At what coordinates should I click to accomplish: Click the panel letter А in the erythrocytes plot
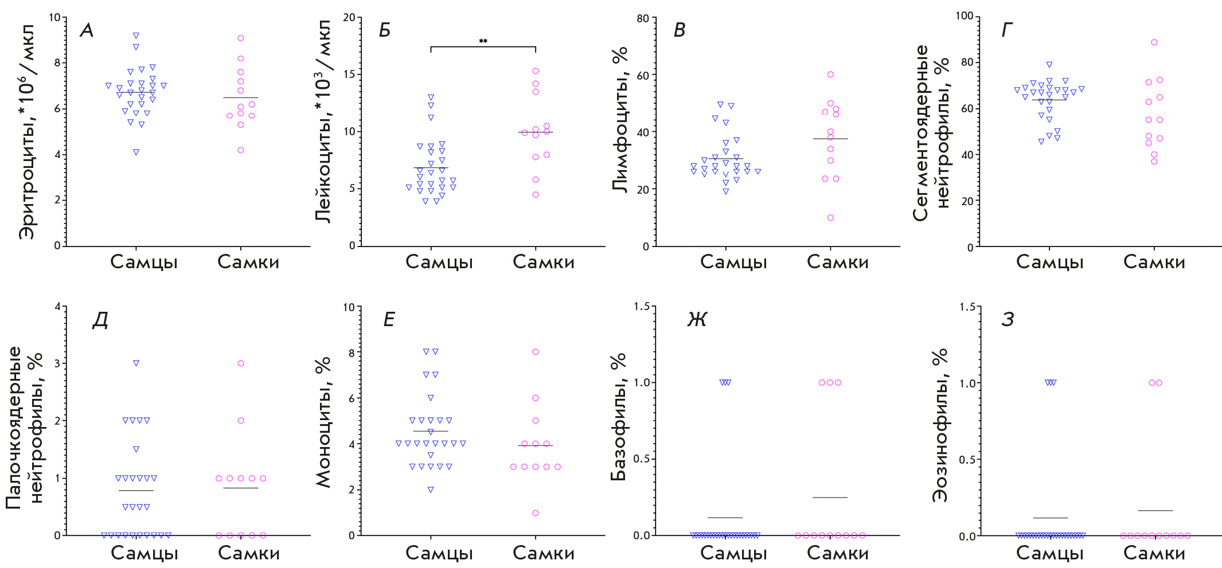pos(87,30)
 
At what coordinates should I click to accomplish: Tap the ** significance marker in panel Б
pos(483,41)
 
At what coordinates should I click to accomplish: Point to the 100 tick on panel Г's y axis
pos(964,15)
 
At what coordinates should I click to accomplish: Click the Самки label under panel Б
pos(543,262)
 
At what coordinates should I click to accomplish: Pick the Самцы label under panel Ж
pos(733,553)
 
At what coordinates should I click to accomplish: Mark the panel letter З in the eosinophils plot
pos(1008,320)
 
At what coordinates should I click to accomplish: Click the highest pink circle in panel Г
pos(1154,42)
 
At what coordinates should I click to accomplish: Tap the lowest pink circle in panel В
pos(830,218)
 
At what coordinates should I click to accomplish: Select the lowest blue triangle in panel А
pos(136,152)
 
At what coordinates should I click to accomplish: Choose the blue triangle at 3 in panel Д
pos(136,363)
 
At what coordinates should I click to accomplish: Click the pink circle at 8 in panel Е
pos(536,352)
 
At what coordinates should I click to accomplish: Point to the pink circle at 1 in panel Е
pos(536,513)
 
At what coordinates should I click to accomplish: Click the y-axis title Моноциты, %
pos(324,422)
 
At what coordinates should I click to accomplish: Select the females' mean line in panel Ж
pos(830,498)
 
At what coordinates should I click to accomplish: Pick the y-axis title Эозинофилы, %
pos(940,425)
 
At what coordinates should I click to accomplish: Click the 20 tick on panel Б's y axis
pos(349,17)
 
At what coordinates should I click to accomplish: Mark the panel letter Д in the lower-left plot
pos(100,320)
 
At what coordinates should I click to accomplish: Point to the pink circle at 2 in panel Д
pos(241,421)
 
